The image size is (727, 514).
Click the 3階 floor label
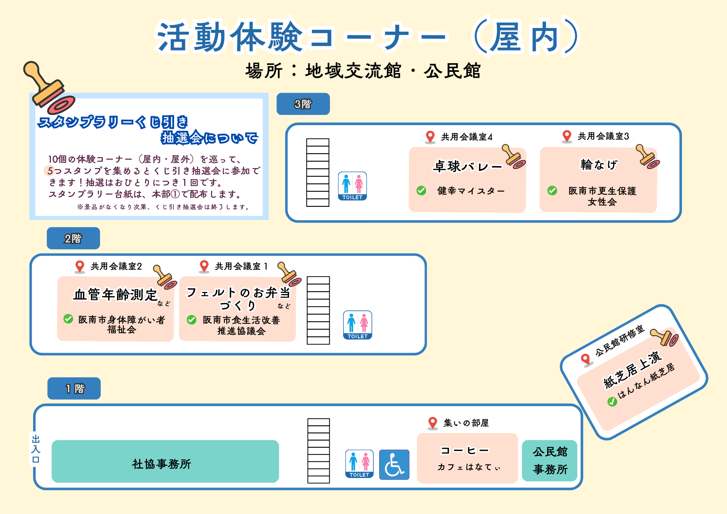tap(303, 104)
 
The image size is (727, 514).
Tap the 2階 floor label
tap(73, 238)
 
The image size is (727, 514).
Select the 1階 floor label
tap(74, 388)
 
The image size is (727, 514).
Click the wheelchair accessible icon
tap(394, 465)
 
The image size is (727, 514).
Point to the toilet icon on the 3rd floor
tap(352, 186)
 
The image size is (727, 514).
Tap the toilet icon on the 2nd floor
tap(358, 325)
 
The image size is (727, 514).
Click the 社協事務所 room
tap(165, 461)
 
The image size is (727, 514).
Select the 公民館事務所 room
tap(550, 461)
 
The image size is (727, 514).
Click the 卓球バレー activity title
tap(468, 166)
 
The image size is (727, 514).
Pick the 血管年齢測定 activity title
tap(115, 294)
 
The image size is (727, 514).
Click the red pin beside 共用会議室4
tap(430, 137)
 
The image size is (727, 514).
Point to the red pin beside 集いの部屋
tap(433, 423)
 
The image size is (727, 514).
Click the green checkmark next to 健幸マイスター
tap(421, 190)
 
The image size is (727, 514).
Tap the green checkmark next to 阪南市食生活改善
tap(192, 320)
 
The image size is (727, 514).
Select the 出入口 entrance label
tap(36, 449)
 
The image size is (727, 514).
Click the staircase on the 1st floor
tap(318, 451)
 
